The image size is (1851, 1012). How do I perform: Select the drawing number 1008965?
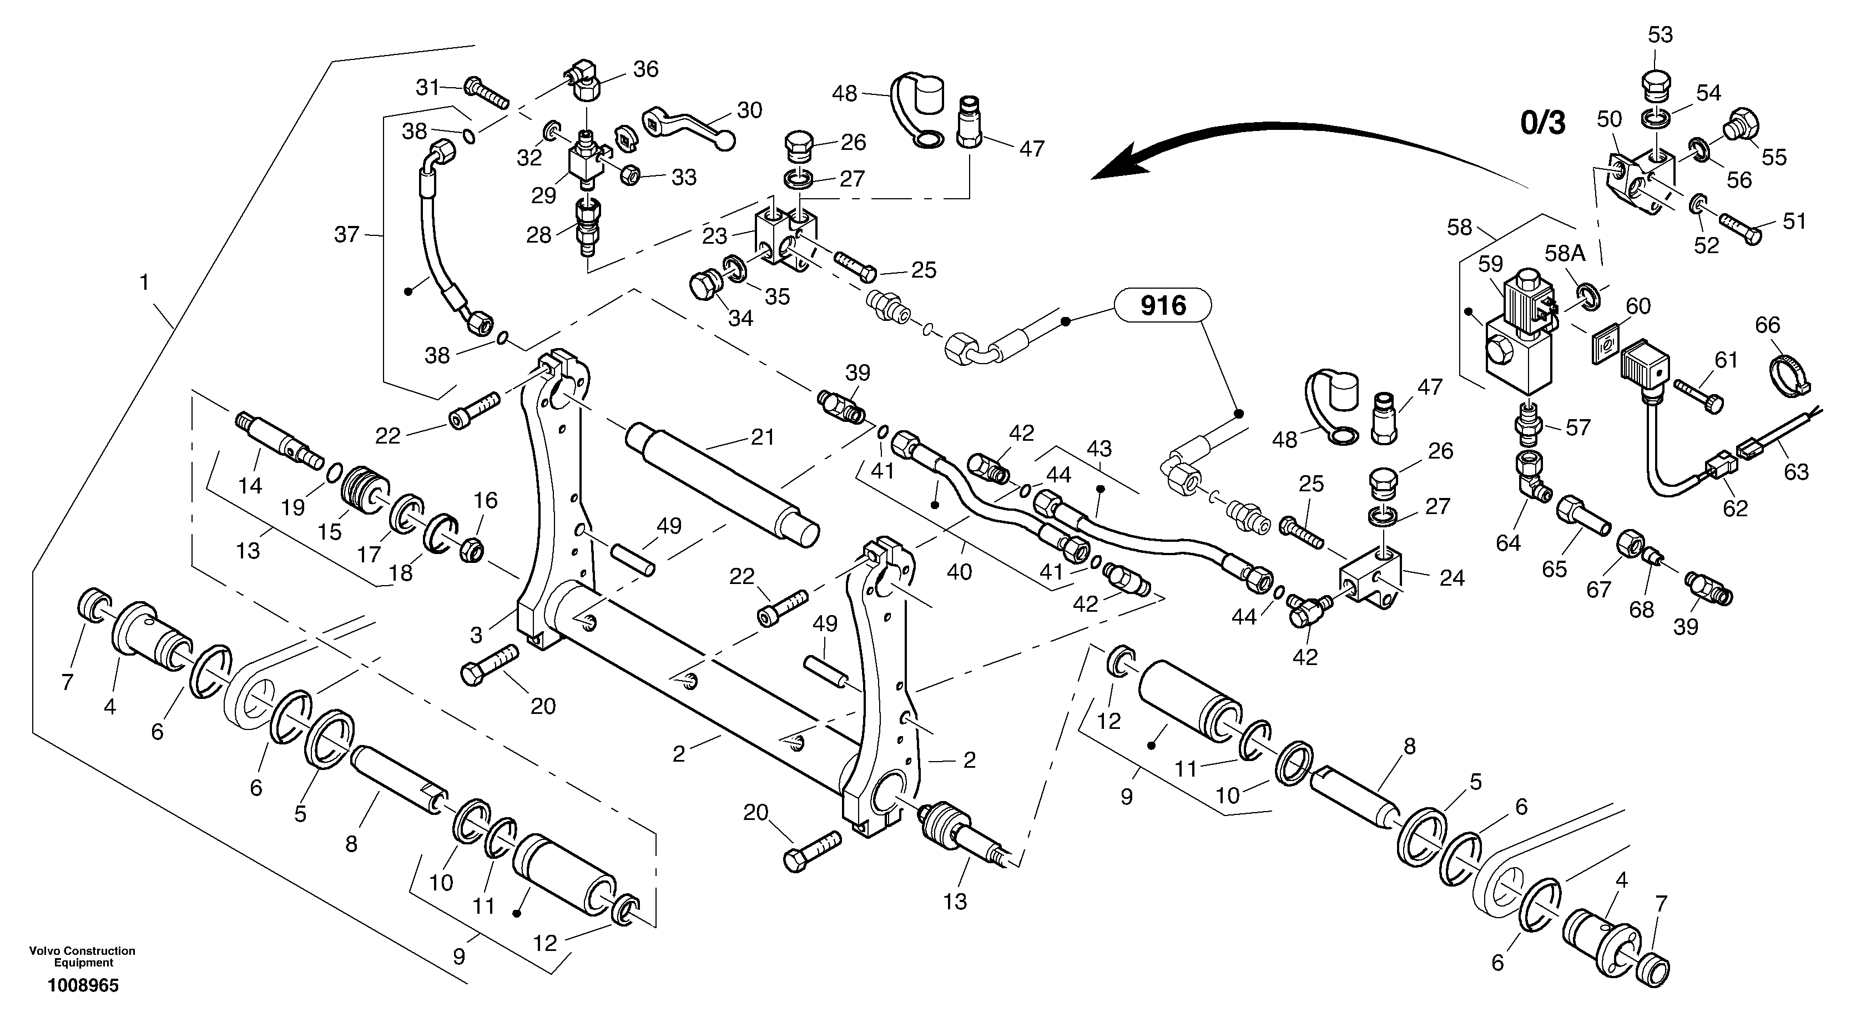83,985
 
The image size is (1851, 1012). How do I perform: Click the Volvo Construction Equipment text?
83,956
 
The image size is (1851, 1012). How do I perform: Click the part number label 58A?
1565,253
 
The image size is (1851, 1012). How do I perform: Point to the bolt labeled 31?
486,93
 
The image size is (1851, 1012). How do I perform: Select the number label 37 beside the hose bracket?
347,234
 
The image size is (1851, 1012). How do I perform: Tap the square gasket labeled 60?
1602,346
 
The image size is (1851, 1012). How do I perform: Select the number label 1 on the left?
144,283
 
